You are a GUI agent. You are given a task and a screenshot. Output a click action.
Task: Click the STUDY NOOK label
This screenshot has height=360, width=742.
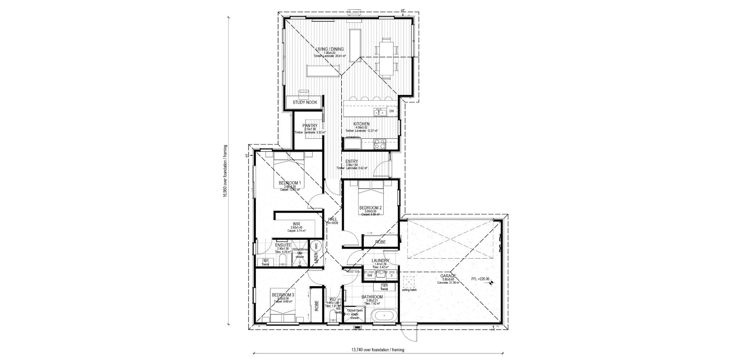[x=305, y=102]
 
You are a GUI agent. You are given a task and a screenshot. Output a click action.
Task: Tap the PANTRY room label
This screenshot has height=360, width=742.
[x=310, y=126]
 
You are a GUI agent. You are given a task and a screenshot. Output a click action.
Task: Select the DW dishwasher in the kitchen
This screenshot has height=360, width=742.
[x=391, y=111]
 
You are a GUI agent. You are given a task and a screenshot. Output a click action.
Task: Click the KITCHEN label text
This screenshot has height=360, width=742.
[x=361, y=124]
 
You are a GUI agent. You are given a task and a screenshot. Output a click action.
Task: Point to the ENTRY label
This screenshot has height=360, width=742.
[x=352, y=162]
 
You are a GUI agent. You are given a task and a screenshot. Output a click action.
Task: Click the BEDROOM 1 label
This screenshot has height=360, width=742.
[x=290, y=183]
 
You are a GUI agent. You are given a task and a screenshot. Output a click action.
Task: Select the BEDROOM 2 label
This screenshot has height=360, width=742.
[x=370, y=208]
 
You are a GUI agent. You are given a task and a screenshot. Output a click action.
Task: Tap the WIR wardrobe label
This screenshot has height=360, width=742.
[x=297, y=224]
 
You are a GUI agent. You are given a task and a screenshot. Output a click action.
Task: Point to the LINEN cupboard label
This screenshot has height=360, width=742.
[x=316, y=260]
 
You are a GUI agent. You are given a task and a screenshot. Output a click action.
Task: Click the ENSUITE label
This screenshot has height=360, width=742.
[x=283, y=245]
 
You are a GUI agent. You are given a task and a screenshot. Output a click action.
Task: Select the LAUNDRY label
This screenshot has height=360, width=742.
[x=380, y=260]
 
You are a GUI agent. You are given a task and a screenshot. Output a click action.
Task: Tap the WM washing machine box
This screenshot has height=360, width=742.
[x=370, y=276]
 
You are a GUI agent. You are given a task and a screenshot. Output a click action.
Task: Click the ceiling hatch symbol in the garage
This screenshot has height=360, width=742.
[x=409, y=281]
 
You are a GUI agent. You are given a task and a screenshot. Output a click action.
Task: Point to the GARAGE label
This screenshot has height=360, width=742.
[x=448, y=276]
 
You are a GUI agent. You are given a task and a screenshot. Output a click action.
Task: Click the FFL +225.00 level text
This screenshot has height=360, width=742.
[x=480, y=279]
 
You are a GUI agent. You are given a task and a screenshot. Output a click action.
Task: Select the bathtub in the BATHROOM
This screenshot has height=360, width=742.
[x=385, y=316]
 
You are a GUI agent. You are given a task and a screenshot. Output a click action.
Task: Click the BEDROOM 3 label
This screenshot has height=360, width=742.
[x=283, y=295]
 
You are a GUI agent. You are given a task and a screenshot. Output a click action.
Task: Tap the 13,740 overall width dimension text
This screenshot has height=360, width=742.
[x=378, y=350]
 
